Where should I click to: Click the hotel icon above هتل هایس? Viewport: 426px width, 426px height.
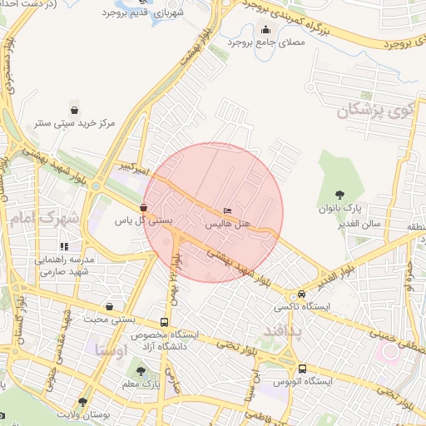pos(228,211)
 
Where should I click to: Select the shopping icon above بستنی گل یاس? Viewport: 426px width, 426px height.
pos(144,208)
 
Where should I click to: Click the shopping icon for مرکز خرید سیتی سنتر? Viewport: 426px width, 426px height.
pos(75,110)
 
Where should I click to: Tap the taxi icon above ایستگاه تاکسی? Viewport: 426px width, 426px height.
pos(301,295)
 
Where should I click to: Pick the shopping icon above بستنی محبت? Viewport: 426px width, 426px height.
pos(110,306)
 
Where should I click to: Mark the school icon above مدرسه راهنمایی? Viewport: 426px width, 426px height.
pos(64,246)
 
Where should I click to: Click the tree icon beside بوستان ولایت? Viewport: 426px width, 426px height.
pos(82,402)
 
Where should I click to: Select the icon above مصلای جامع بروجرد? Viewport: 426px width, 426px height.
pos(265,30)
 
